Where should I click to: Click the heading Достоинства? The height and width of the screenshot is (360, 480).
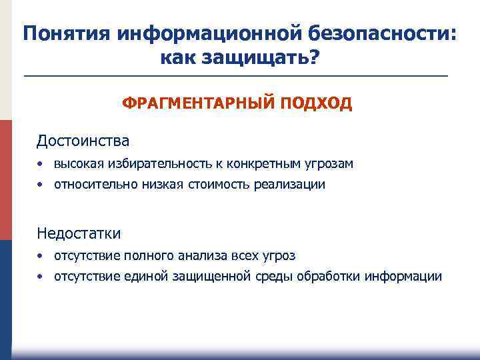(x=83, y=141)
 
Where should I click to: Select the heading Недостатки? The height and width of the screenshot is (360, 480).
(x=79, y=233)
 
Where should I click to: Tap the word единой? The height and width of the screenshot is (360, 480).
(x=145, y=277)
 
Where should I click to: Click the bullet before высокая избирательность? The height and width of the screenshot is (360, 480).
(x=41, y=164)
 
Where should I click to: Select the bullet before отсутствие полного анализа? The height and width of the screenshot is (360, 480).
(x=41, y=256)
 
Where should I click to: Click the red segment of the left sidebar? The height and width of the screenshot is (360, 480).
(x=5, y=180)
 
